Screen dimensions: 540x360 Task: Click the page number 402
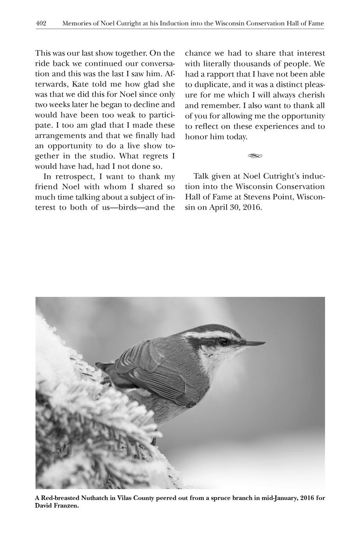click(x=41, y=23)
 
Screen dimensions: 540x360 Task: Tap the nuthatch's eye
click(x=223, y=342)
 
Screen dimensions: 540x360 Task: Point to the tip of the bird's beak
click(x=265, y=343)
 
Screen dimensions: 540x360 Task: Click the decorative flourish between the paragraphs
click(x=254, y=156)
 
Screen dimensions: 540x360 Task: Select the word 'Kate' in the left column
click(x=81, y=84)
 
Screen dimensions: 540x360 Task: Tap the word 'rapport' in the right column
click(x=221, y=74)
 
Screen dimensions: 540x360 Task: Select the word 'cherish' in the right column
click(x=311, y=95)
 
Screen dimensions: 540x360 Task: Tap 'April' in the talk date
click(x=219, y=207)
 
